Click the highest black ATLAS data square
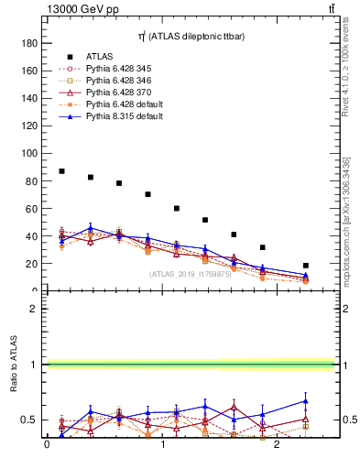point(61,171)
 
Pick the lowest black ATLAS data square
point(306,266)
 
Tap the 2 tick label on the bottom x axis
point(278,445)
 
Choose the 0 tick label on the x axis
point(47,445)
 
